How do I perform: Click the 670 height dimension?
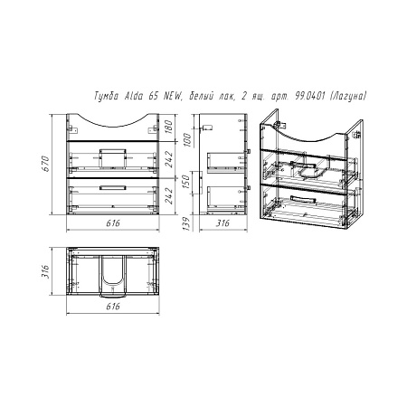click(45, 164)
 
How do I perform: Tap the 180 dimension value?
click(169, 127)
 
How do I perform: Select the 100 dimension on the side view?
click(187, 139)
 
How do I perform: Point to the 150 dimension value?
click(187, 182)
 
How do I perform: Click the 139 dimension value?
click(187, 223)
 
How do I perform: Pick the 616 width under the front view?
click(113, 223)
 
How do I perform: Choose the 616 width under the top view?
click(113, 307)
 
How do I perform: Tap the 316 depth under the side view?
click(222, 223)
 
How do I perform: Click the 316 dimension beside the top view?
click(45, 271)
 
